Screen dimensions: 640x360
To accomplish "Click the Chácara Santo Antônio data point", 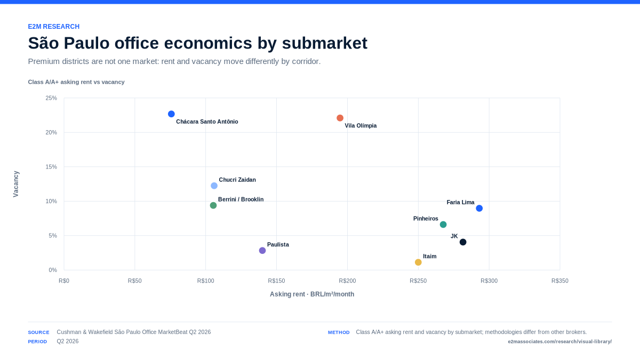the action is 171,114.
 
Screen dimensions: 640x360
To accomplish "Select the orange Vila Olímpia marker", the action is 340,118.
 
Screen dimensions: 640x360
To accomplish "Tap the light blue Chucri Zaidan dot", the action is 214,186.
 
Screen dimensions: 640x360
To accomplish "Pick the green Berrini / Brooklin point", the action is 213,205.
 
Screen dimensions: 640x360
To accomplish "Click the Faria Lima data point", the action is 479,209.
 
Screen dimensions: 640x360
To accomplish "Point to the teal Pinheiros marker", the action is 443,225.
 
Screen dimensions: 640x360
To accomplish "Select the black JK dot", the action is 463,242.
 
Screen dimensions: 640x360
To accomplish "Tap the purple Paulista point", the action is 262,251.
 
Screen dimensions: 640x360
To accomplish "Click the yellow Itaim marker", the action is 418,262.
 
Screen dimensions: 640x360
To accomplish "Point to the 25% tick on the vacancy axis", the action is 51,98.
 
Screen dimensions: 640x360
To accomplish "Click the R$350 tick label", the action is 559,281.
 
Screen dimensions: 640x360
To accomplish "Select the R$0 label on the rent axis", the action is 64,281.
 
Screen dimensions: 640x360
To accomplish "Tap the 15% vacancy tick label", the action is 51,167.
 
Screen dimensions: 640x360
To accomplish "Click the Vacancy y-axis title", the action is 15,184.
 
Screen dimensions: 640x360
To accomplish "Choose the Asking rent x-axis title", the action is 311,294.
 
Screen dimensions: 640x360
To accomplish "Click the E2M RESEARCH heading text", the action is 54,27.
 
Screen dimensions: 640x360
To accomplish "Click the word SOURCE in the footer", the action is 38,332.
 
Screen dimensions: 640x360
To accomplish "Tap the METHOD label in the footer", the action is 339,332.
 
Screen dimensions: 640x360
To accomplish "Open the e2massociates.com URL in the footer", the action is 559,341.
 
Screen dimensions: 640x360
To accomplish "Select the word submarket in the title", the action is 325,43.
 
